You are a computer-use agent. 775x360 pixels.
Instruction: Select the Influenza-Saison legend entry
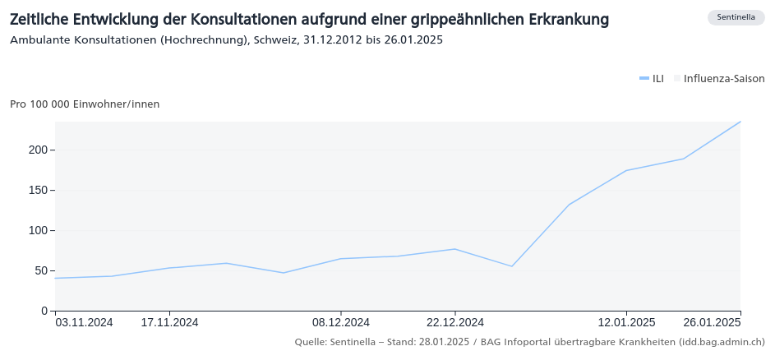[x=719, y=79]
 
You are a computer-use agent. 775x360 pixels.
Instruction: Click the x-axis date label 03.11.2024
[x=84, y=322]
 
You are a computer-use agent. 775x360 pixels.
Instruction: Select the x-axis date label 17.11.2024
[x=169, y=322]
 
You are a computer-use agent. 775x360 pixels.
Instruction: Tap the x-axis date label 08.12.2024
[x=340, y=322]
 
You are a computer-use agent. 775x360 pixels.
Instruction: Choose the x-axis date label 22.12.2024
[x=454, y=322]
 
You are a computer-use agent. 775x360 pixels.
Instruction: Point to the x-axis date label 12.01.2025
[x=626, y=322]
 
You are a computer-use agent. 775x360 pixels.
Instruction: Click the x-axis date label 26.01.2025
[x=713, y=322]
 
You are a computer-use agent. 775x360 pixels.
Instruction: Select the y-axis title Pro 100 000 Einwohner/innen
[x=85, y=104]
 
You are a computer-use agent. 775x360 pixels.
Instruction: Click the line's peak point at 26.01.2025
[x=740, y=122]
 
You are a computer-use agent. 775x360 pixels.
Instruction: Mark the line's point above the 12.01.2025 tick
[x=626, y=171]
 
